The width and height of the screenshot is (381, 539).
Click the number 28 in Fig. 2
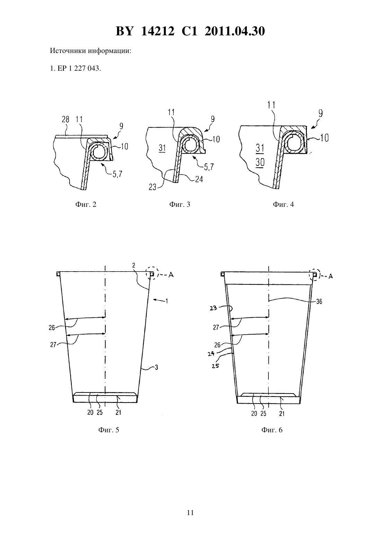tap(66, 120)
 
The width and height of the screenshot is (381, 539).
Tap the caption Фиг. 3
tap(180, 204)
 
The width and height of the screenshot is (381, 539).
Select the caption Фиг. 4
tap(283, 204)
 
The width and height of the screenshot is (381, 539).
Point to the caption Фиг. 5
tap(109, 430)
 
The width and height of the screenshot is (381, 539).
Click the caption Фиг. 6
tap(272, 430)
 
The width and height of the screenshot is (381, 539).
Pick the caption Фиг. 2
tap(86, 204)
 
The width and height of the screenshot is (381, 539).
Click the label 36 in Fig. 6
tap(319, 301)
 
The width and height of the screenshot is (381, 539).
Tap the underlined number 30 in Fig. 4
tap(260, 162)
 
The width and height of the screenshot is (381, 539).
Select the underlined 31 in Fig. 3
tap(162, 148)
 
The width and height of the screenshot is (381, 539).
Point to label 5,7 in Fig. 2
tap(117, 174)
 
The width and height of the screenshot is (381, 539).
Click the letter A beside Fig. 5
tap(171, 275)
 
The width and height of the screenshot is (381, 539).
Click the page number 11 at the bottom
tap(190, 513)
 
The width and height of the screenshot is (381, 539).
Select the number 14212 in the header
tap(158, 31)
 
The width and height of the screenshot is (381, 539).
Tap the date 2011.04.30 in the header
tap(235, 31)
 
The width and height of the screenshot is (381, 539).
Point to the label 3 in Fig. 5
tap(156, 368)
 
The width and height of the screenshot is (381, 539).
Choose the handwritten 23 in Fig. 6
tap(213, 308)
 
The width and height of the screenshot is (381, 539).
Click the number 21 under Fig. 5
tap(118, 413)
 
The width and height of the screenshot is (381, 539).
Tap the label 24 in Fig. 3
tap(199, 179)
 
